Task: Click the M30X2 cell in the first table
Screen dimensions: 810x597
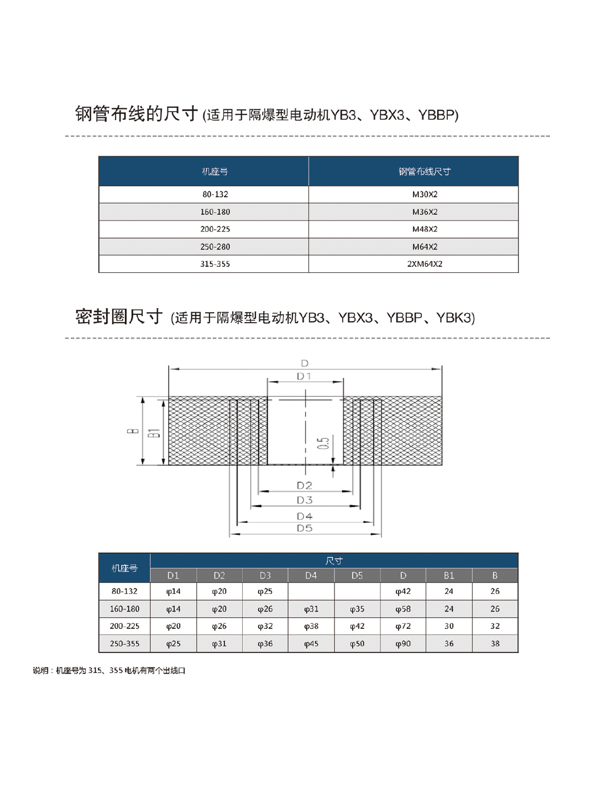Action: tap(425, 194)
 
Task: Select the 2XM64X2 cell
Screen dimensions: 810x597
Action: tap(425, 264)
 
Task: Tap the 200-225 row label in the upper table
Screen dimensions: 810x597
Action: tap(215, 229)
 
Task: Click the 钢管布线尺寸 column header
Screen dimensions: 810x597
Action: tap(425, 172)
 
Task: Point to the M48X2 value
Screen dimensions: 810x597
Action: tap(425, 229)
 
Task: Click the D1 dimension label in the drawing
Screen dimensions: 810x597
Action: tap(304, 376)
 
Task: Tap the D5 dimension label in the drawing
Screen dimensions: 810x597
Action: tap(305, 528)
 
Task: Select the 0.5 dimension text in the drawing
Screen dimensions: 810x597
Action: tap(323, 443)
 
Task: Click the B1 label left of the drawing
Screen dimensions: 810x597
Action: tap(154, 433)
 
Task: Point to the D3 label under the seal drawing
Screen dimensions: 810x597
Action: tap(305, 500)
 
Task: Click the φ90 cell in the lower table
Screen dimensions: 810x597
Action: tap(403, 644)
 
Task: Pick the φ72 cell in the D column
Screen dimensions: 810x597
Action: tap(403, 627)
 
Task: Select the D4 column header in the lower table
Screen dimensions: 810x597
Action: tap(311, 576)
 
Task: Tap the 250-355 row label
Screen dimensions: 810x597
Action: tap(124, 644)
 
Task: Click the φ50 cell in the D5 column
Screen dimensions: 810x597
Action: tap(357, 644)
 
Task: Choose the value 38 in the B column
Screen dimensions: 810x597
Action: tap(495, 644)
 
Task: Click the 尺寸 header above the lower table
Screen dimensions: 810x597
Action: tap(334, 561)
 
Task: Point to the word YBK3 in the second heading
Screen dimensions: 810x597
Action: tap(454, 318)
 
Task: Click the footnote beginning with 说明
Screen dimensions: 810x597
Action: tap(109, 671)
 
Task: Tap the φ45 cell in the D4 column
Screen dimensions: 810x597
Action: tap(311, 644)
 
